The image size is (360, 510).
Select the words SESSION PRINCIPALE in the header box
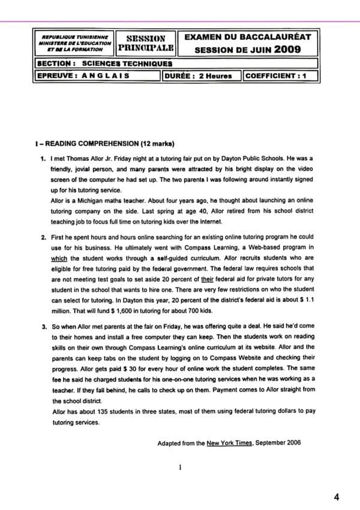tap(147, 43)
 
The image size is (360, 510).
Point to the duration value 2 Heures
tap(215, 76)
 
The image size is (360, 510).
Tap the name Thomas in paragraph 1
tap(85, 158)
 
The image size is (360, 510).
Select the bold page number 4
tap(337, 497)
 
